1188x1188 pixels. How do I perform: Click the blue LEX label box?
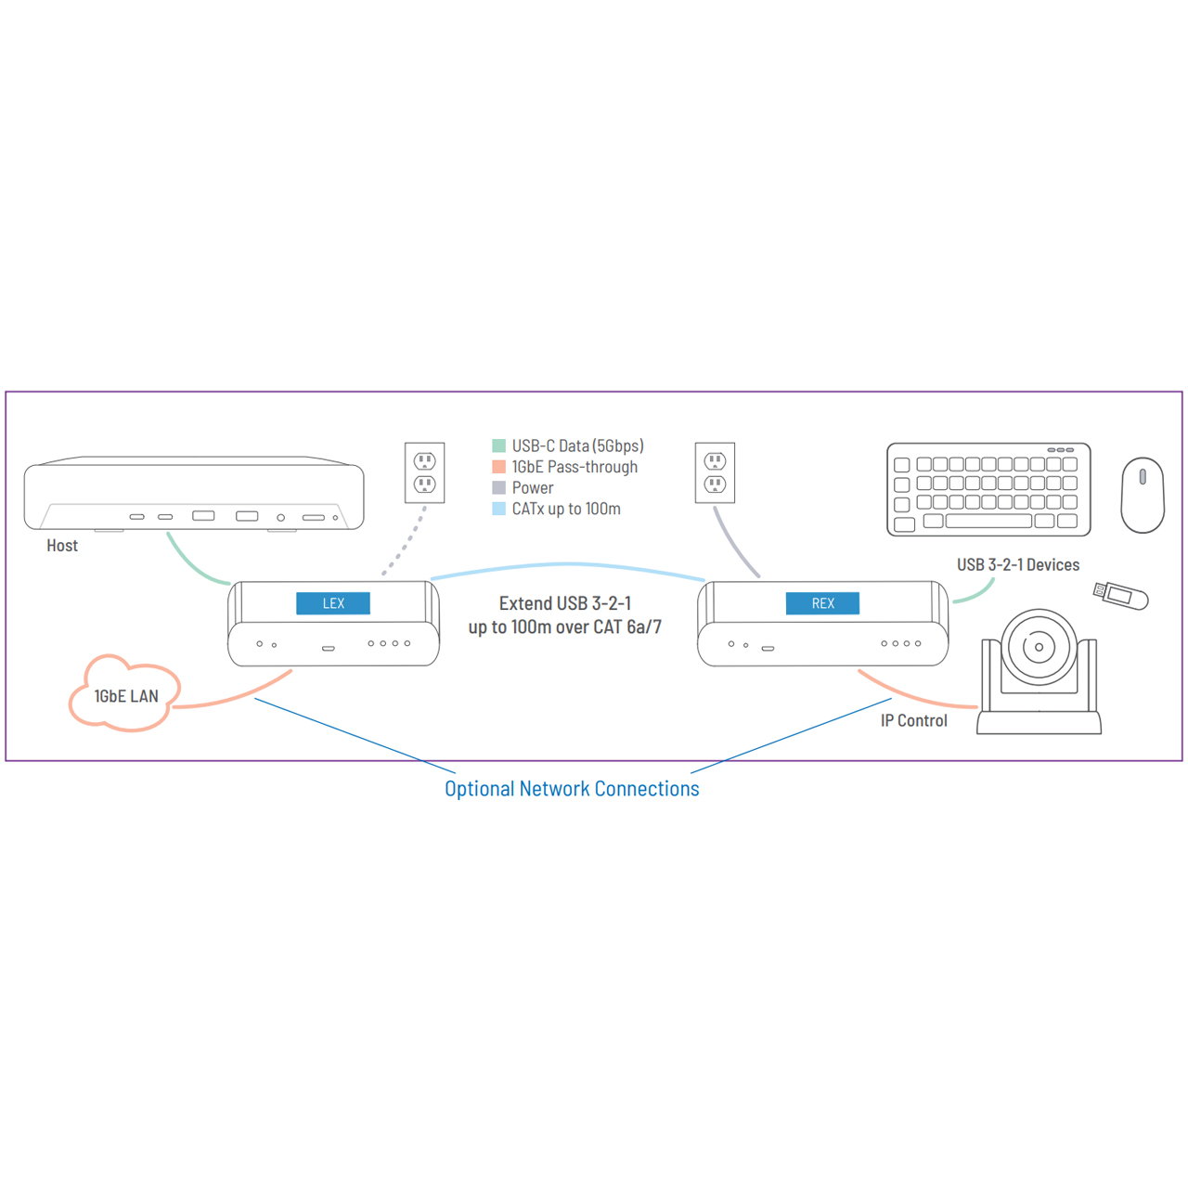pyautogui.click(x=333, y=603)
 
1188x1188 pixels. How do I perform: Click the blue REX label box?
pyautogui.click(x=822, y=603)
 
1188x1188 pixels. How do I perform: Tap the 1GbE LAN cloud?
pyautogui.click(x=124, y=693)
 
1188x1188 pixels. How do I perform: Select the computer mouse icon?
pyautogui.click(x=1143, y=495)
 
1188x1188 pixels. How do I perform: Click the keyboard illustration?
pyautogui.click(x=988, y=489)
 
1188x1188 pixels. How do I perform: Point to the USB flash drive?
pyautogui.click(x=1120, y=596)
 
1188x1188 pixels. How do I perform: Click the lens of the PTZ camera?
pyautogui.click(x=1039, y=647)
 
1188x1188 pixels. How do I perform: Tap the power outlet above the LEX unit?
pyautogui.click(x=424, y=472)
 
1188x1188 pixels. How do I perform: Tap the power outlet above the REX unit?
pyautogui.click(x=715, y=472)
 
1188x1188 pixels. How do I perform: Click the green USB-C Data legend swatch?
pyautogui.click(x=498, y=445)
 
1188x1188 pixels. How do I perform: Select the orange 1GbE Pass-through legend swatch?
pyautogui.click(x=498, y=467)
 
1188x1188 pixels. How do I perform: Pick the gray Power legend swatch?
pyautogui.click(x=498, y=487)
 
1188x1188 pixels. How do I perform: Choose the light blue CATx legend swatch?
pyautogui.click(x=498, y=509)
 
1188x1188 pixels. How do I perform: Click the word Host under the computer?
pyautogui.click(x=62, y=546)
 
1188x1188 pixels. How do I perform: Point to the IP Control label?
pyautogui.click(x=913, y=721)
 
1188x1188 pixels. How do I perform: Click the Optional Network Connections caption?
pyautogui.click(x=572, y=789)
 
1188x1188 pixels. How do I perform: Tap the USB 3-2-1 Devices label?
pyautogui.click(x=1018, y=564)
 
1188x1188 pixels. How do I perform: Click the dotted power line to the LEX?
pyautogui.click(x=405, y=541)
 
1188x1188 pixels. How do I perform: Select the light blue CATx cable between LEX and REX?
pyautogui.click(x=567, y=564)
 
